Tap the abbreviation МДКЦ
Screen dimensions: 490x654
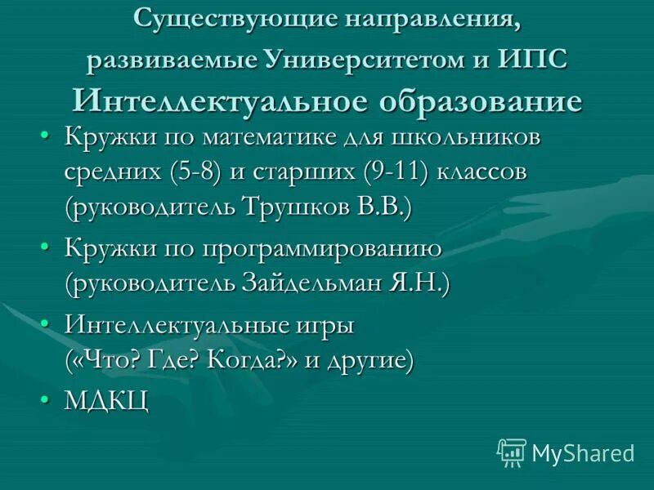pyautogui.click(x=106, y=401)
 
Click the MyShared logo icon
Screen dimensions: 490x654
pyautogui.click(x=512, y=452)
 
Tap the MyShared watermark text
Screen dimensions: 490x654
pyautogui.click(x=582, y=452)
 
